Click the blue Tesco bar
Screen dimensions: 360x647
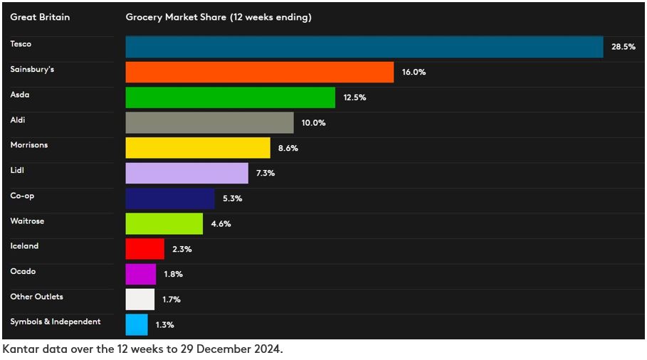(x=364, y=47)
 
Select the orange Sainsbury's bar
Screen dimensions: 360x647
(x=259, y=72)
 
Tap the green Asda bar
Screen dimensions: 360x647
(x=230, y=97)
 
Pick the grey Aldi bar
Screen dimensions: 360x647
(x=209, y=122)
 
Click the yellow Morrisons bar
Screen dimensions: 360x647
(x=198, y=148)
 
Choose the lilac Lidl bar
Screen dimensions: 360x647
(x=186, y=173)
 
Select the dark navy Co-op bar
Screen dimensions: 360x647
(x=170, y=198)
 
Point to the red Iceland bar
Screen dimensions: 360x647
(x=144, y=249)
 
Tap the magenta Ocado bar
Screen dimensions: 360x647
(x=140, y=274)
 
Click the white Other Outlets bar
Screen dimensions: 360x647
(x=140, y=300)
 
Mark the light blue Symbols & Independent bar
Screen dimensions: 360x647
(x=137, y=324)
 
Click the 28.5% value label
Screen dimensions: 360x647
(x=623, y=47)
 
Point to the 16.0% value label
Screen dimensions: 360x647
(x=414, y=72)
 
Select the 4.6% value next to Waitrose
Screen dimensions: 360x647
(x=221, y=224)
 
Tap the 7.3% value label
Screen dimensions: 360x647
(x=265, y=173)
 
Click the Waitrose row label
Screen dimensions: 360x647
(x=27, y=221)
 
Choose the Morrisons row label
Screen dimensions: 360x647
(x=29, y=145)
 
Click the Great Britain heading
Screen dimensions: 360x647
(x=40, y=17)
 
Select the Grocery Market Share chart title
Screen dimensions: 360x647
(x=219, y=17)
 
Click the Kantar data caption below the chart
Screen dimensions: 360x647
(x=142, y=350)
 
